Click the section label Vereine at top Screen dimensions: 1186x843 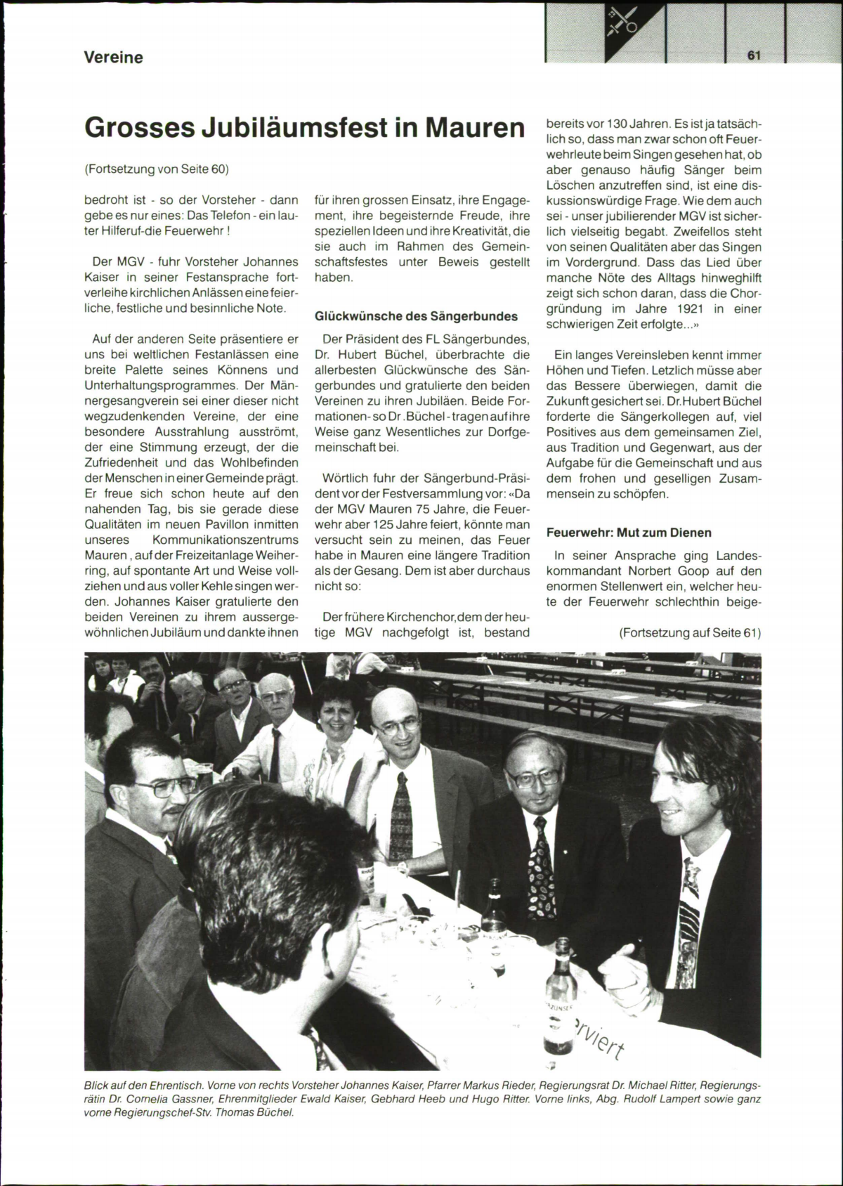coord(113,58)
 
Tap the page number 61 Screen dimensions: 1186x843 coord(754,56)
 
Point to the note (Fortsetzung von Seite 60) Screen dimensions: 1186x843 coord(156,169)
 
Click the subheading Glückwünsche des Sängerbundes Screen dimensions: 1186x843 coord(416,316)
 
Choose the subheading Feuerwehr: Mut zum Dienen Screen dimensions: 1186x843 coord(629,533)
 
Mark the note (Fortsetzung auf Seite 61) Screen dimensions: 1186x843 coord(689,632)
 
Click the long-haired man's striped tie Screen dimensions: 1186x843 coord(691,908)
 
